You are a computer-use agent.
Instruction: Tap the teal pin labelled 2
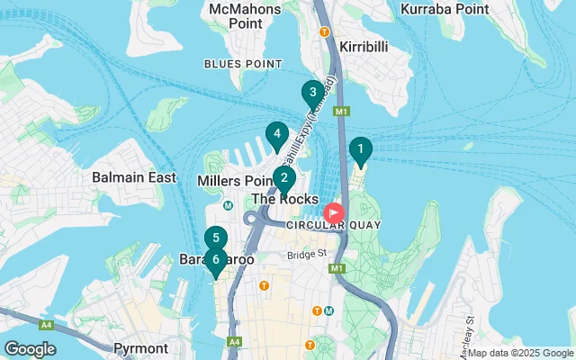283,177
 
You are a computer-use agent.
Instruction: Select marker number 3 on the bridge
312,92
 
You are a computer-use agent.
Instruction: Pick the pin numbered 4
276,135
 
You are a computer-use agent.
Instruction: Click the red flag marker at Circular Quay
334,213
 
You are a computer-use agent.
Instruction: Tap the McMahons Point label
244,15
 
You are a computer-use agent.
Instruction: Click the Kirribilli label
364,45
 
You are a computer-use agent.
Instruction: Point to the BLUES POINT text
236,63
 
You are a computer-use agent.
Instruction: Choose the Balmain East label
134,177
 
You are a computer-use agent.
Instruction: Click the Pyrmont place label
140,347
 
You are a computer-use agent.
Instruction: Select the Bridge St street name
307,255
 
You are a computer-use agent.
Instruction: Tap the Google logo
30,348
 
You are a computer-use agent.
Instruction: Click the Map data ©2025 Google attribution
520,354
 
